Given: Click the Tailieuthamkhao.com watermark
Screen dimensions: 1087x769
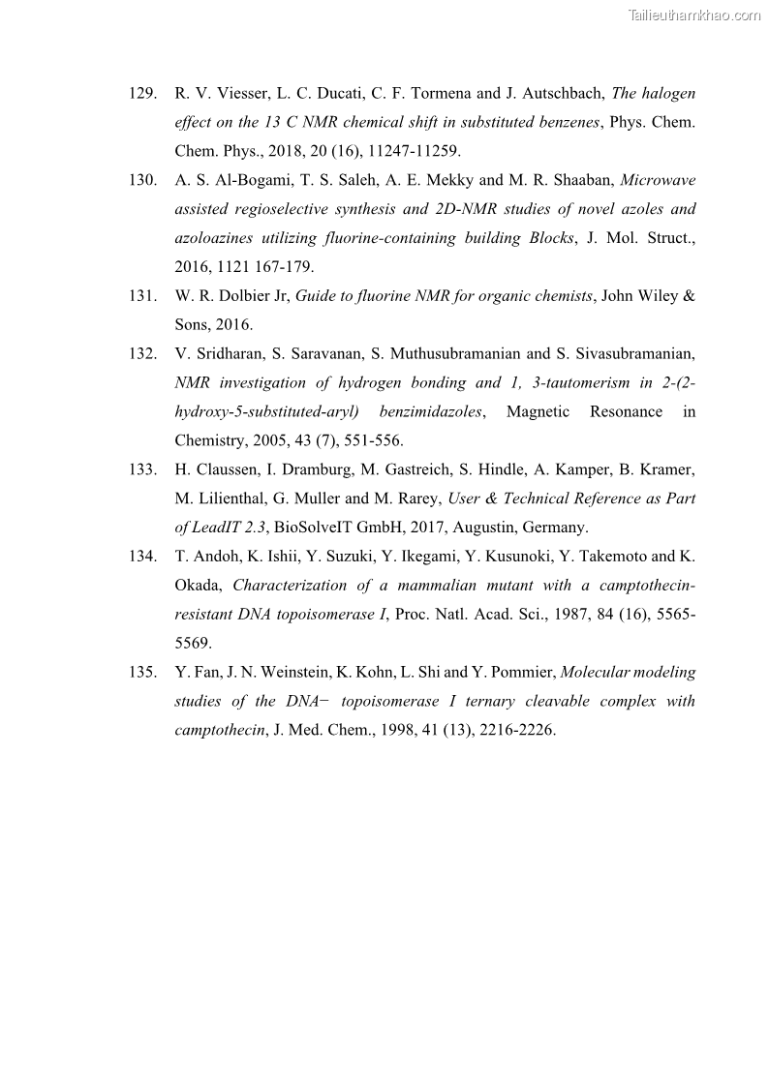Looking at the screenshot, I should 694,15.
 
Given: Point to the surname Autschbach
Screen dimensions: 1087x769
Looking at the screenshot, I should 554,94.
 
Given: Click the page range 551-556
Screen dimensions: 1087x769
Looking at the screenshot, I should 375,440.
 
